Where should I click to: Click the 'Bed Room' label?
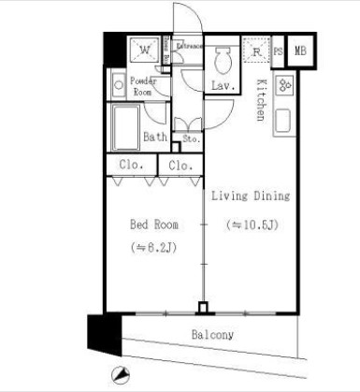click(x=153, y=225)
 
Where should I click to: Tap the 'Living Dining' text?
click(x=250, y=196)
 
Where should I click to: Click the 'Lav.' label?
click(x=222, y=86)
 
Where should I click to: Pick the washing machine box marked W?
click(x=142, y=50)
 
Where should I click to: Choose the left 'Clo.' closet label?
click(x=129, y=166)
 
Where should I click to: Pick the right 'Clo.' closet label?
click(x=180, y=166)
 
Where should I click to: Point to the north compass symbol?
click(x=117, y=376)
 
